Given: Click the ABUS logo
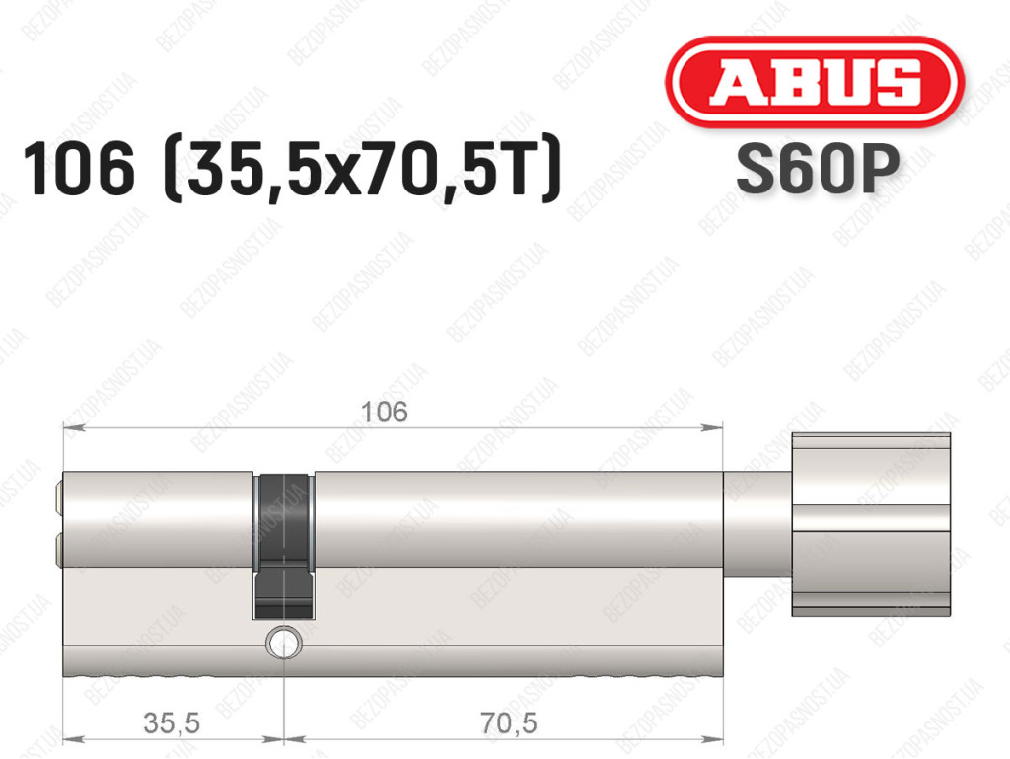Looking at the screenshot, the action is coord(814,81).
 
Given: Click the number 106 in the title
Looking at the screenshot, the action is coord(79,169).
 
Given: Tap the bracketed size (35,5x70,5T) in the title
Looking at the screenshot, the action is coord(363,171).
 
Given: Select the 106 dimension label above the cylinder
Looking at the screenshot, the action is coord(385,412).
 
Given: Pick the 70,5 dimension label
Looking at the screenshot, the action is coord(509,722).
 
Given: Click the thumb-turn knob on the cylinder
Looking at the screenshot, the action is coord(871,524).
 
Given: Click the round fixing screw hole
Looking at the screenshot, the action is coord(283,643).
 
